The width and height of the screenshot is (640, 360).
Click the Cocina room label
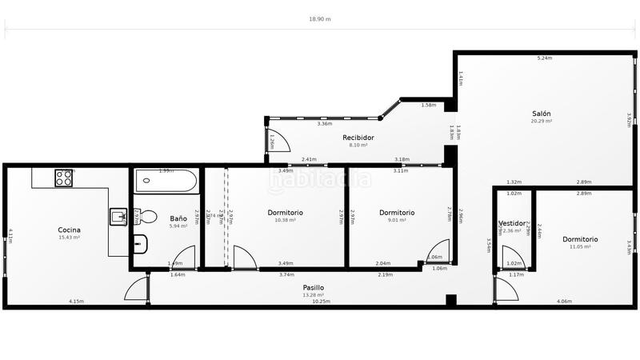(x=69, y=230)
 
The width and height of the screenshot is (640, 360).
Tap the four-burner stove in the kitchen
(x=63, y=178)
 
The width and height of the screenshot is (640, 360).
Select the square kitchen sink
(x=118, y=216)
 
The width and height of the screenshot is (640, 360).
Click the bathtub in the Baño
(x=166, y=181)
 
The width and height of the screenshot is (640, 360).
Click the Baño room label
(x=178, y=218)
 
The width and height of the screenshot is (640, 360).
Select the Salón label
(x=542, y=114)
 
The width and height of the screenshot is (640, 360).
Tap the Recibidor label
(x=358, y=138)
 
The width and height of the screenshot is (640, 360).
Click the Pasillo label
(x=314, y=287)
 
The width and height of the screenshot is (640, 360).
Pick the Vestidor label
(x=512, y=223)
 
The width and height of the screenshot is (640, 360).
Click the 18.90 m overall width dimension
(x=319, y=18)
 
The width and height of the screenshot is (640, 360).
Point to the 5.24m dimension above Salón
(x=544, y=58)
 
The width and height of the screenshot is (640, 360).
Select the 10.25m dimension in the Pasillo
(x=320, y=302)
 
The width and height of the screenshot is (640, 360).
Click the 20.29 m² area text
(x=542, y=122)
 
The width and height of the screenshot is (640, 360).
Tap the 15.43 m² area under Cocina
(x=69, y=238)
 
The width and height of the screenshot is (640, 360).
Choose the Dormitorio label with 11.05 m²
(x=580, y=239)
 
